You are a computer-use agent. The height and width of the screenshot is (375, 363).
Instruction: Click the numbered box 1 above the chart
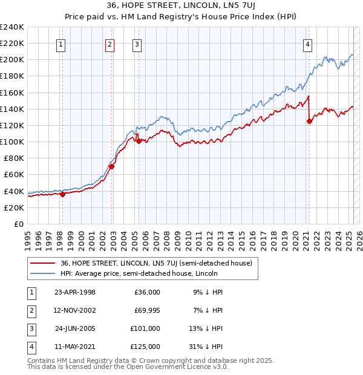(x=62, y=44)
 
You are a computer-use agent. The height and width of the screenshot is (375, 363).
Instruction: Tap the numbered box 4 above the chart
(x=308, y=44)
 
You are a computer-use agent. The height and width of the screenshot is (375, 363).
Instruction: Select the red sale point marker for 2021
(x=309, y=121)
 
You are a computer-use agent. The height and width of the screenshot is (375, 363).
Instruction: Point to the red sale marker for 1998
(x=62, y=194)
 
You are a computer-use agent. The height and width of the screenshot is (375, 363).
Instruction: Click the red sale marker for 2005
(x=139, y=141)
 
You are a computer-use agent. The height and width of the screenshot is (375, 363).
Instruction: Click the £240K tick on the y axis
(x=12, y=27)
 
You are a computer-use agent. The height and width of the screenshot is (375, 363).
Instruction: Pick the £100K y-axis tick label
(x=12, y=142)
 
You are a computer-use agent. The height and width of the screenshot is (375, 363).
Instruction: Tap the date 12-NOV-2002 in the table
(x=75, y=310)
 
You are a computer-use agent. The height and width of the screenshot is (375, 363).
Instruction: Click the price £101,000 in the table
(x=146, y=328)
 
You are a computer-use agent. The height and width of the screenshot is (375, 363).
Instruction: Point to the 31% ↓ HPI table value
(x=212, y=347)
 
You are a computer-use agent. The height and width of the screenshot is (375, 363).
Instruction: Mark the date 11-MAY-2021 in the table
(x=75, y=347)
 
